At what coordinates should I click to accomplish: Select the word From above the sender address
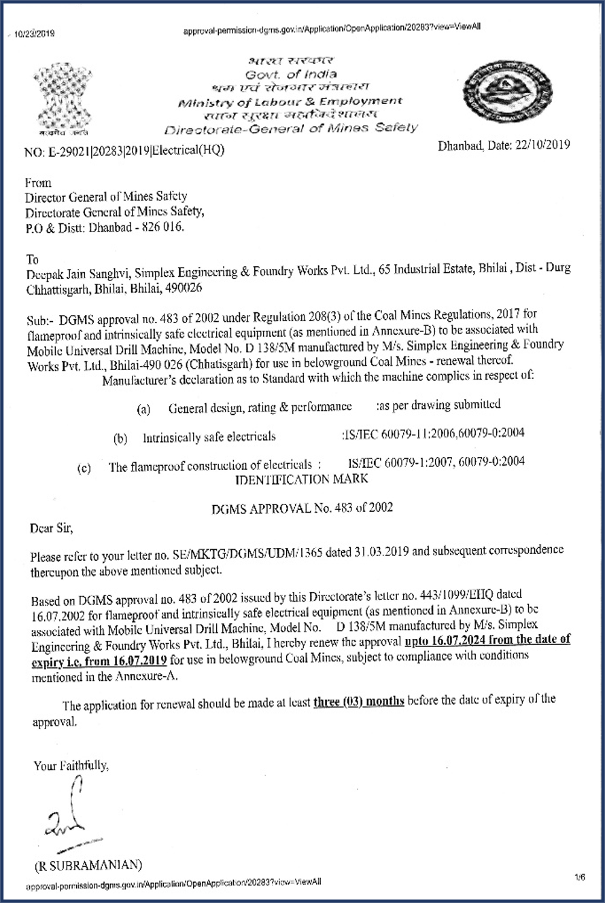click(x=37, y=183)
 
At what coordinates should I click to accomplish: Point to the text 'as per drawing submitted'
click(x=439, y=405)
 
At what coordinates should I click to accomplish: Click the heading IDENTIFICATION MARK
click(x=301, y=479)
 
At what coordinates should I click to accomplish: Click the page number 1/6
click(x=579, y=878)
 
